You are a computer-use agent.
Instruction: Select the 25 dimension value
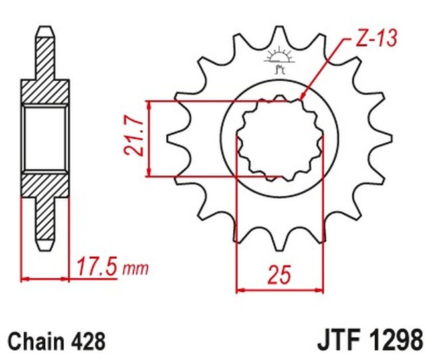(x=280, y=274)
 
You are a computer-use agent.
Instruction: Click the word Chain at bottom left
(x=35, y=341)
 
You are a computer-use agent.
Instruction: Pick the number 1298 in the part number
(x=394, y=341)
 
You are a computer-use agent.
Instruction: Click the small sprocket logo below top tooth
(x=279, y=59)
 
